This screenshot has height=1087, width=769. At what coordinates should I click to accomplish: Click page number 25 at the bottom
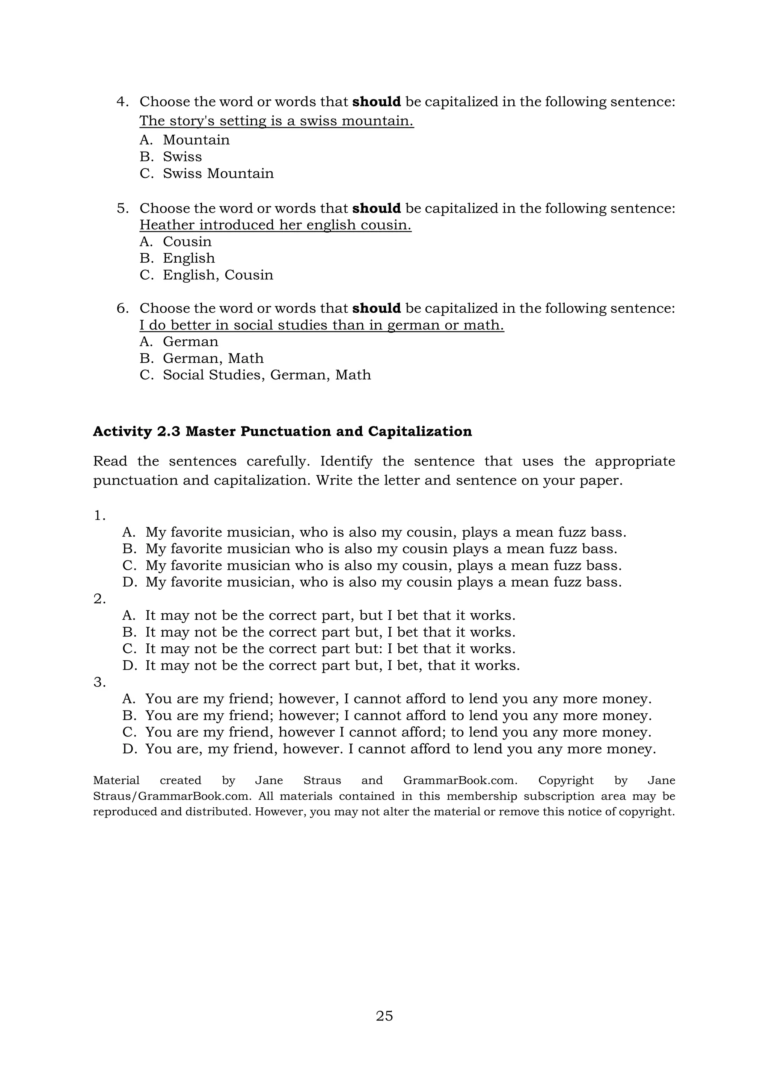pyautogui.click(x=384, y=1016)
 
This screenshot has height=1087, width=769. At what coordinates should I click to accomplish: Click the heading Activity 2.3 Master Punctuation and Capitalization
pyautogui.click(x=282, y=431)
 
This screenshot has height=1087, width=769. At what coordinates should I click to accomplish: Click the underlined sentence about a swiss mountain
pyautogui.click(x=276, y=121)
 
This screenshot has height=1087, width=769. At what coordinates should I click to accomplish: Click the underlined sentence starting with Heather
pyautogui.click(x=275, y=225)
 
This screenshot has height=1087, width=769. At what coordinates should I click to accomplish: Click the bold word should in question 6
pyautogui.click(x=377, y=308)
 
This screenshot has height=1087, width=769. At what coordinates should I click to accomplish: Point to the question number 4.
pyautogui.click(x=122, y=102)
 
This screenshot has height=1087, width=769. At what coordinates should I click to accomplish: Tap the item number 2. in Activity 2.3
pyautogui.click(x=100, y=599)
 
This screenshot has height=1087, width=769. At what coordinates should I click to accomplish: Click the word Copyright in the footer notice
pyautogui.click(x=566, y=780)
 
